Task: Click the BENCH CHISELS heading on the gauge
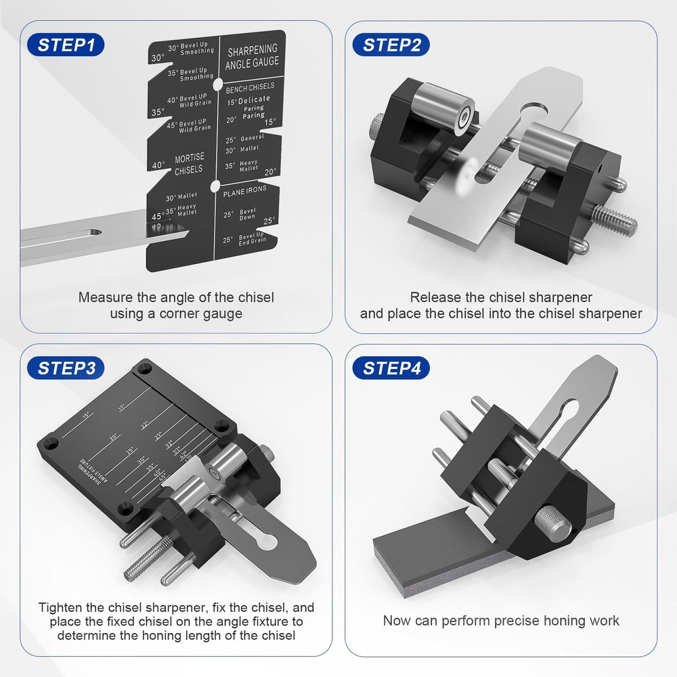pyautogui.click(x=250, y=87)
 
